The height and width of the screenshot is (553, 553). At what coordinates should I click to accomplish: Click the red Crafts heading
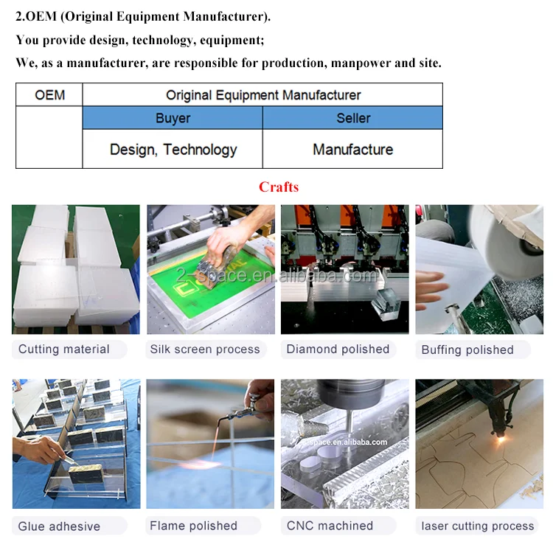click(x=279, y=187)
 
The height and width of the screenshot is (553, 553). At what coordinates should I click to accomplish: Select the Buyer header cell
click(x=173, y=118)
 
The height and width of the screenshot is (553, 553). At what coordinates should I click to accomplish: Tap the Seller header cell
click(x=352, y=118)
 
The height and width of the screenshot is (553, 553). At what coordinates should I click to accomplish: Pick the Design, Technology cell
click(x=173, y=149)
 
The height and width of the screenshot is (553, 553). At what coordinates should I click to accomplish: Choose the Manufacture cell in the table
click(x=352, y=149)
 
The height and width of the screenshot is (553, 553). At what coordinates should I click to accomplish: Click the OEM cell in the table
click(x=49, y=95)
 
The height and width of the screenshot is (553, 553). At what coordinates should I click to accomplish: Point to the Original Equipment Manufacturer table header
click(x=263, y=95)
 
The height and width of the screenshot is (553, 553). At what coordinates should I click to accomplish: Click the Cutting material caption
click(x=64, y=349)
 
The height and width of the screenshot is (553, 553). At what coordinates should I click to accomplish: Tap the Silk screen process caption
click(x=205, y=349)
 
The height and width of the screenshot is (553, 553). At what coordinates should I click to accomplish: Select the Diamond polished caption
click(x=338, y=349)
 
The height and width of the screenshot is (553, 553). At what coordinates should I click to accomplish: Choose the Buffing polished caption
click(x=467, y=349)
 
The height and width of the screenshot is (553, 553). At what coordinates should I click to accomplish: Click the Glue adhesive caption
click(x=59, y=526)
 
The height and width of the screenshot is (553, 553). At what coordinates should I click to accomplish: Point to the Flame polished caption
click(x=193, y=526)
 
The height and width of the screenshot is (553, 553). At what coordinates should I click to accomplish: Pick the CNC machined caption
click(x=330, y=526)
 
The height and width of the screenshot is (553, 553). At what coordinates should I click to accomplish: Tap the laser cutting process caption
click(x=478, y=526)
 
